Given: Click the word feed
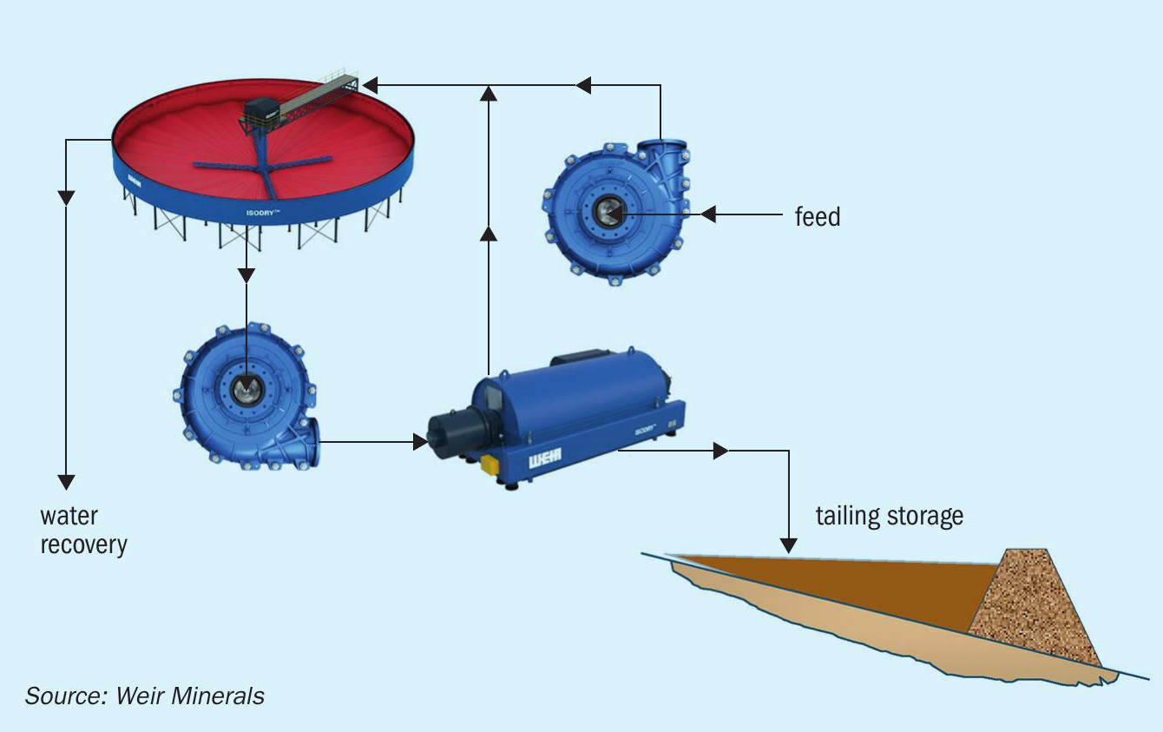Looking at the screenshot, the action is tap(818, 216).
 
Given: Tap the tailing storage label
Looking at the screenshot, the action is tap(890, 516).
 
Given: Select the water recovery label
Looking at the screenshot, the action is tap(83, 531).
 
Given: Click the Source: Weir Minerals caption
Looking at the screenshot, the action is tap(145, 696).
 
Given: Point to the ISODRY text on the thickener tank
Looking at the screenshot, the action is tap(263, 213).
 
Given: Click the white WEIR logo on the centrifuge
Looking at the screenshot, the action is tap(545, 459).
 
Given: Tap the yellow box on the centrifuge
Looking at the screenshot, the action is tap(489, 465).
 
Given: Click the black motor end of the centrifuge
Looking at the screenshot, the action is tap(450, 432).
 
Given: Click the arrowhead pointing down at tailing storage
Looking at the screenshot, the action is tap(789, 545).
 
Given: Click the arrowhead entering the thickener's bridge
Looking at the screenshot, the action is tap(371, 85).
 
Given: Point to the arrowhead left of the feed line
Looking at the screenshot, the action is tap(708, 214).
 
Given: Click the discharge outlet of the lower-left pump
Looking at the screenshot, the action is tap(314, 442).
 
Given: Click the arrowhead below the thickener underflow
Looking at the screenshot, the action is tap(246, 275).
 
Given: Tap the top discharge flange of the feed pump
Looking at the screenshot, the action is tap(662, 144).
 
